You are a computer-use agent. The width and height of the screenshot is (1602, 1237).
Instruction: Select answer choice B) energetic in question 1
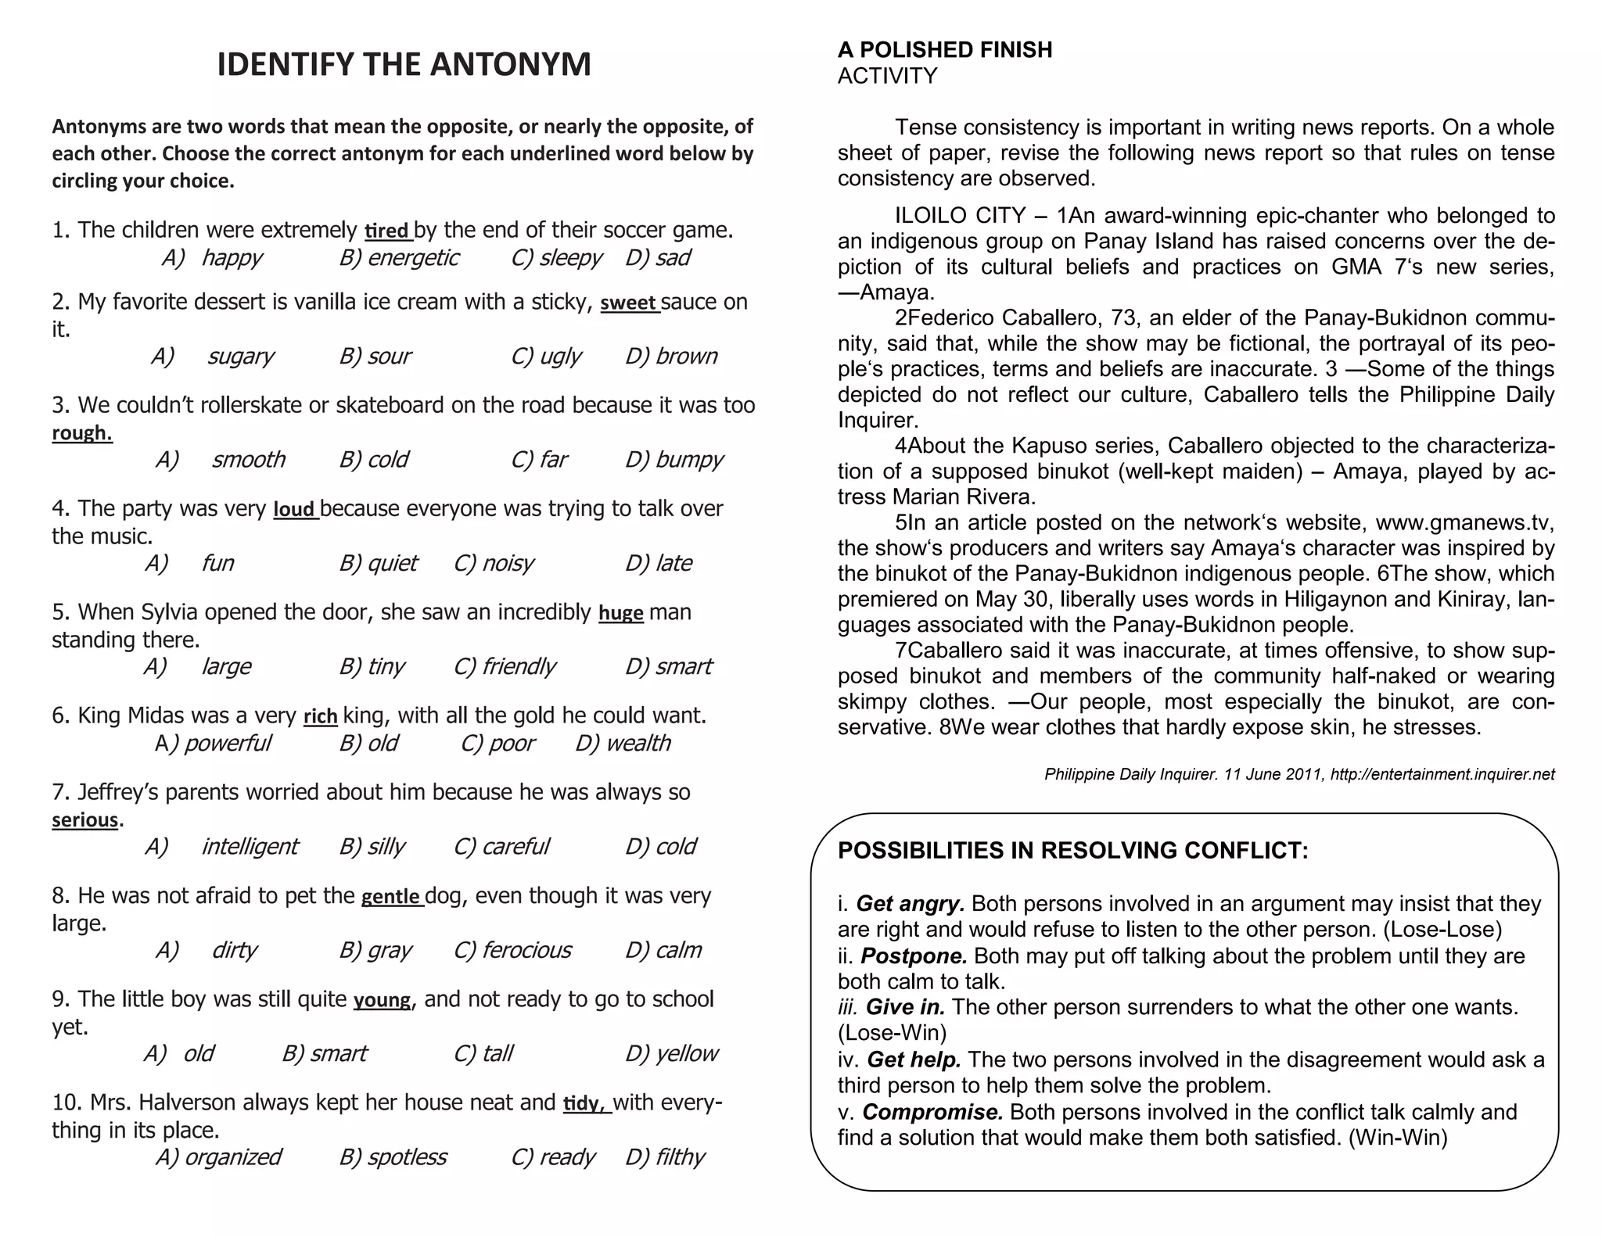(x=399, y=257)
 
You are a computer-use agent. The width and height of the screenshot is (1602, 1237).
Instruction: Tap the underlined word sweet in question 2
(x=629, y=303)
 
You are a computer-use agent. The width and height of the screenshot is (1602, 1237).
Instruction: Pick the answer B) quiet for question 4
(x=379, y=563)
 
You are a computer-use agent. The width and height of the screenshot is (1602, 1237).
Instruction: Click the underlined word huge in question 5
(x=620, y=613)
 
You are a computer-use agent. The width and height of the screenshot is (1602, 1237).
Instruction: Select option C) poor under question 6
(x=498, y=743)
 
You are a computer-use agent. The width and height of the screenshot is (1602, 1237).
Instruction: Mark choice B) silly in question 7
(x=372, y=846)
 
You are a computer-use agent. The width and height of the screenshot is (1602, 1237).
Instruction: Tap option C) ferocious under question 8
(x=512, y=950)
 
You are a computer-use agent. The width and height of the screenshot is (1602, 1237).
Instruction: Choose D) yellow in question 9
(x=671, y=1053)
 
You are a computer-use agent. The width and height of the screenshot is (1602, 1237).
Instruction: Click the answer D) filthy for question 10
(x=665, y=1156)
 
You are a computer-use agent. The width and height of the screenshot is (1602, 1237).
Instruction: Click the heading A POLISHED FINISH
(x=944, y=50)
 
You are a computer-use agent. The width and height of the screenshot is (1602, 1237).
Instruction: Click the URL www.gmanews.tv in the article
(x=1462, y=522)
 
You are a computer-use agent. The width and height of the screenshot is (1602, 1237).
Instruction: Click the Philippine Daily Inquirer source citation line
(x=1298, y=774)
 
